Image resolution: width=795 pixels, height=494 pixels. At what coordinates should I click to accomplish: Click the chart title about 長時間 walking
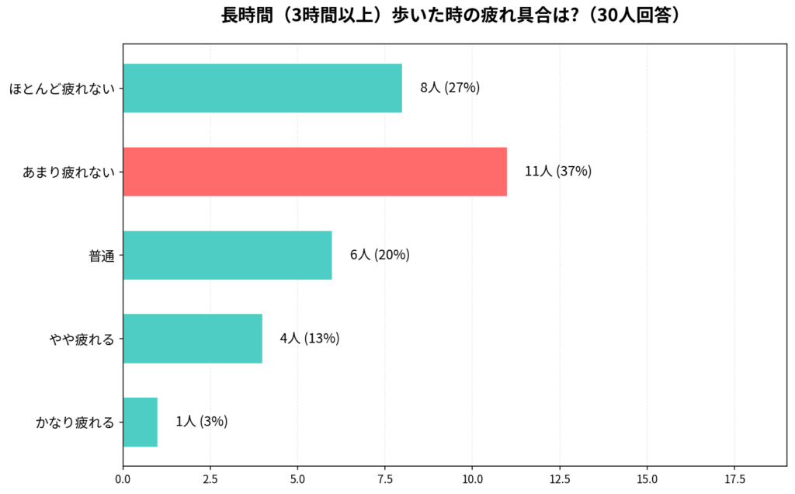pyautogui.click(x=454, y=16)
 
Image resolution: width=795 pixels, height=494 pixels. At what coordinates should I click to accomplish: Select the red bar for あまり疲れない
pyautogui.click(x=314, y=172)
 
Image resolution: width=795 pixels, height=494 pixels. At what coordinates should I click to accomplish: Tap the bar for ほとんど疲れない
pyautogui.click(x=262, y=88)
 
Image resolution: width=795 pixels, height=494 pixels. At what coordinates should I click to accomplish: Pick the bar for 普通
pyautogui.click(x=227, y=255)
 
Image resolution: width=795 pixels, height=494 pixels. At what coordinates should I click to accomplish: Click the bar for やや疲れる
pyautogui.click(x=193, y=339)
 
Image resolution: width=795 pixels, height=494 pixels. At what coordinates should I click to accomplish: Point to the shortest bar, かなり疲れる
pyautogui.click(x=141, y=422)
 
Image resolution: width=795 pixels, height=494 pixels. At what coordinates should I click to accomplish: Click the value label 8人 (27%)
pyautogui.click(x=450, y=88)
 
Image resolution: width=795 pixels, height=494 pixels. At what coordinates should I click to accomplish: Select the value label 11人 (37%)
pyautogui.click(x=558, y=172)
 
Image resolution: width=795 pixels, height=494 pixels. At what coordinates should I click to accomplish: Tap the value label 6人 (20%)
pyautogui.click(x=380, y=255)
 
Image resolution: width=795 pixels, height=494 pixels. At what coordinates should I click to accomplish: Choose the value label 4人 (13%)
pyautogui.click(x=310, y=339)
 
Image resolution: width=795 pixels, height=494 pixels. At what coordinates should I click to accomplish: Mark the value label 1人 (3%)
pyautogui.click(x=202, y=422)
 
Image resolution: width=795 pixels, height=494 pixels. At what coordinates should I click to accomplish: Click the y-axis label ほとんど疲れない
pyautogui.click(x=62, y=89)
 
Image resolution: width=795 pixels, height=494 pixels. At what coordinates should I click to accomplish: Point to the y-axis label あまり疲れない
pyautogui.click(x=68, y=172)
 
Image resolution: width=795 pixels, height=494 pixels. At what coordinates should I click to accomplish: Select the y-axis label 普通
pyautogui.click(x=102, y=256)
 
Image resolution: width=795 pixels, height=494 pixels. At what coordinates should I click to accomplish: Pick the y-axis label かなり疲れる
pyautogui.click(x=75, y=423)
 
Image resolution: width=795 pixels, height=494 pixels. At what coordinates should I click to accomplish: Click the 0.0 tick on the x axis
pyautogui.click(x=123, y=480)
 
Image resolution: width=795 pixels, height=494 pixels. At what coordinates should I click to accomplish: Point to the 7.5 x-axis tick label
pyautogui.click(x=385, y=480)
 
